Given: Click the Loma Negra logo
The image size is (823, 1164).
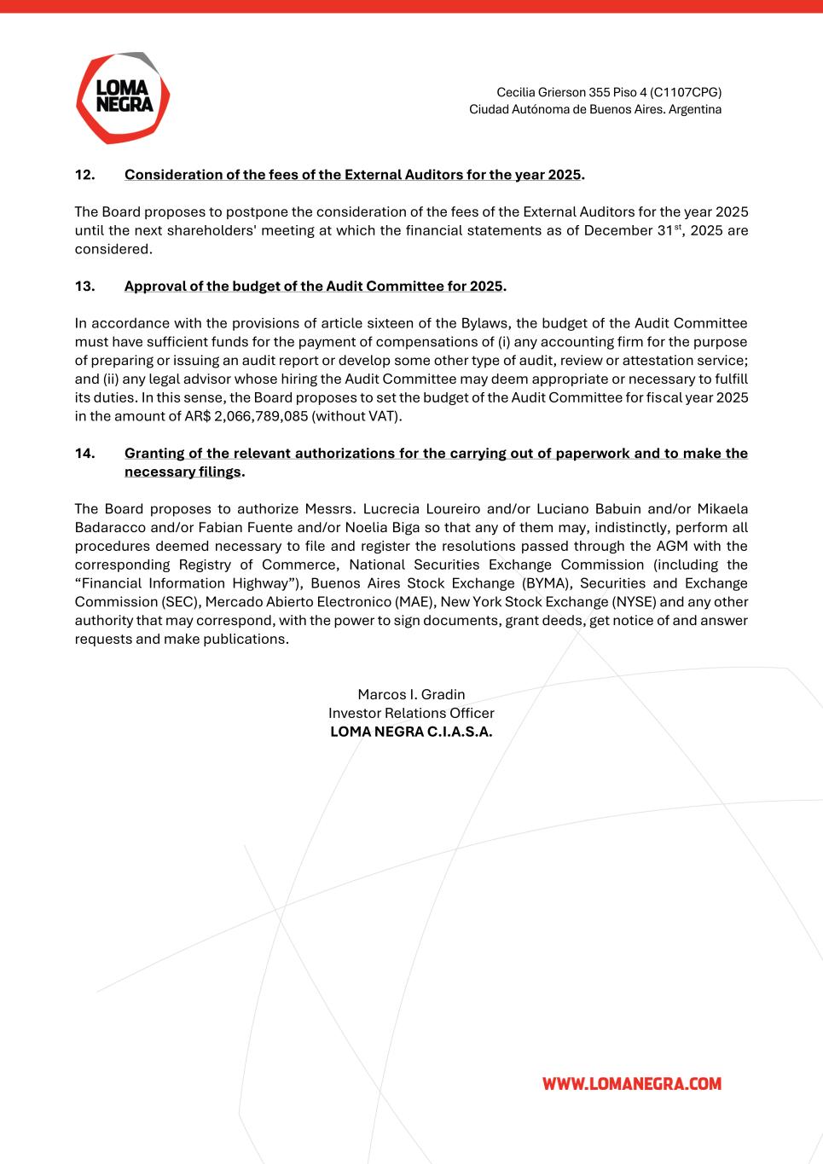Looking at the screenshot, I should coord(123,97).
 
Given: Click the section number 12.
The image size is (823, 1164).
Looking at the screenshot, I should coord(84,175).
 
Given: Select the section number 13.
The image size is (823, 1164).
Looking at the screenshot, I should coord(84,287).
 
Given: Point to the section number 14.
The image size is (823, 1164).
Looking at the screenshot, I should coord(84,454).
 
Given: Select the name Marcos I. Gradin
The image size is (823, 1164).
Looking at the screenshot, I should coord(411,694).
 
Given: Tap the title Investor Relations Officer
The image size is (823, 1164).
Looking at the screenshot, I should coord(411,713).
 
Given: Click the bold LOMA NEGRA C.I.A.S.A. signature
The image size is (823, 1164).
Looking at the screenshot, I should coord(411,732).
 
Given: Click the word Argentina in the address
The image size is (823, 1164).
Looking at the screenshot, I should coord(695,110).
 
